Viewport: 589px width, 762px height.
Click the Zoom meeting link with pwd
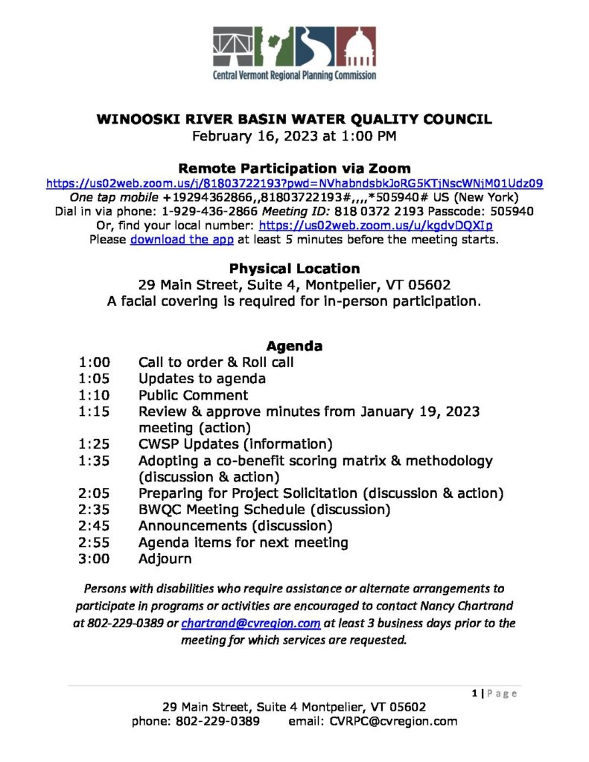[x=294, y=183]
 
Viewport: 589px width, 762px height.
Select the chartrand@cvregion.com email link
[x=251, y=623]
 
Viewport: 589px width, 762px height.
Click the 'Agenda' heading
[x=294, y=346]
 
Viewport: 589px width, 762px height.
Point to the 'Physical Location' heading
[x=294, y=269]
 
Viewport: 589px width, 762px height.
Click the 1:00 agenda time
[x=94, y=362]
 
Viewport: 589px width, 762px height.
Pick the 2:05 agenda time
[x=94, y=493]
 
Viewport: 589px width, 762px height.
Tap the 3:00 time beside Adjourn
[x=94, y=559]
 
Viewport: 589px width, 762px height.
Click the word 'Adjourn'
[x=165, y=559]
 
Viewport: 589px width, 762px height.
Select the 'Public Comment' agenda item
[x=193, y=395]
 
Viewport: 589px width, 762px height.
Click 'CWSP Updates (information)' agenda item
[x=235, y=444]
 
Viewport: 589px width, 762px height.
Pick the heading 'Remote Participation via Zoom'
[x=294, y=169]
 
